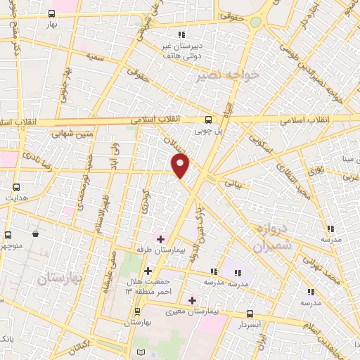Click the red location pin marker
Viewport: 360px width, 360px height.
tap(181, 165)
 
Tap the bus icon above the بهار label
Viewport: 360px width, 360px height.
tap(52, 13)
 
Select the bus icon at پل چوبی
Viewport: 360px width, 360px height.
tap(207, 120)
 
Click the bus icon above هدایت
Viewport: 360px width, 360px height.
tap(17, 188)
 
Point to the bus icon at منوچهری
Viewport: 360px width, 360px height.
tap(8, 235)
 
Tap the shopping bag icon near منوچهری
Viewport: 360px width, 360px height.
tap(35, 233)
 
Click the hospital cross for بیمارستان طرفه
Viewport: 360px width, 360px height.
tap(160, 239)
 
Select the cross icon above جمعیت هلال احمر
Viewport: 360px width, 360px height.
tap(148, 271)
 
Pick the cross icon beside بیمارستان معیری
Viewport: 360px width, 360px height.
tap(192, 300)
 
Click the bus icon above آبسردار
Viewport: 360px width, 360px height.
tap(250, 314)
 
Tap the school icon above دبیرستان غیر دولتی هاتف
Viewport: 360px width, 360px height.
tap(181, 34)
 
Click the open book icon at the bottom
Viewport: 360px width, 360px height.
tap(141, 352)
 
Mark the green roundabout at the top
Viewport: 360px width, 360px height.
tap(255, 22)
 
